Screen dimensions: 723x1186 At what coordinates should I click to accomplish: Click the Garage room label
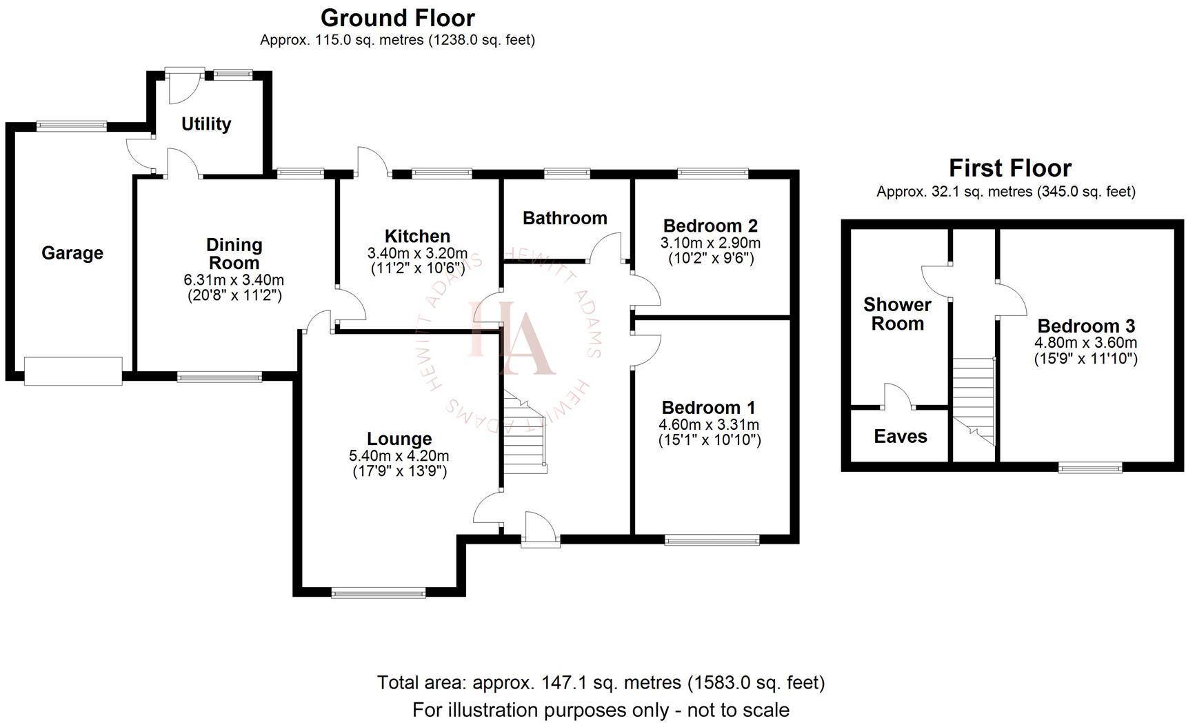72,253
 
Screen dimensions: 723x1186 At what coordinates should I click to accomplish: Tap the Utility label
205,124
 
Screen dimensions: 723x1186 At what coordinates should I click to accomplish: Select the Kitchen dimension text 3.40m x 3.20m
417,253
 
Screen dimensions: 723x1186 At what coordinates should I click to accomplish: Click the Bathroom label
565,218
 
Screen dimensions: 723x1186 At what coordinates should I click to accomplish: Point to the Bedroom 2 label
710,226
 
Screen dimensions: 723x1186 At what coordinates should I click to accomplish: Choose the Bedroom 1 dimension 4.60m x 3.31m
709,425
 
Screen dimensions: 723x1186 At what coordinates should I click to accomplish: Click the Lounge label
399,439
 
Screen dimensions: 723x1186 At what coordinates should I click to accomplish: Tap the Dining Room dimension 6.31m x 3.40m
234,280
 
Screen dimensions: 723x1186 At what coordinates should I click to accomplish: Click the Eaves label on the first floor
900,436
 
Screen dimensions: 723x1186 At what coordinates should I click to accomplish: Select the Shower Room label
897,314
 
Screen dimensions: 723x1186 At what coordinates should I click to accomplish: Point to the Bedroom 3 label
1085,326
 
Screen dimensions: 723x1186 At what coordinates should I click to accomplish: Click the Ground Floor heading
398,17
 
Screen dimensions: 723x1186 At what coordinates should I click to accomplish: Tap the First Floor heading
1009,168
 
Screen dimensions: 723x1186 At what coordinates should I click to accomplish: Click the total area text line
601,682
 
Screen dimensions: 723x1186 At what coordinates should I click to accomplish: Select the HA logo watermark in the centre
510,338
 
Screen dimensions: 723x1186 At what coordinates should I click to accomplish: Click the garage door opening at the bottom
73,371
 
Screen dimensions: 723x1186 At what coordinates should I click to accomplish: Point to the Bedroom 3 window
1090,468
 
